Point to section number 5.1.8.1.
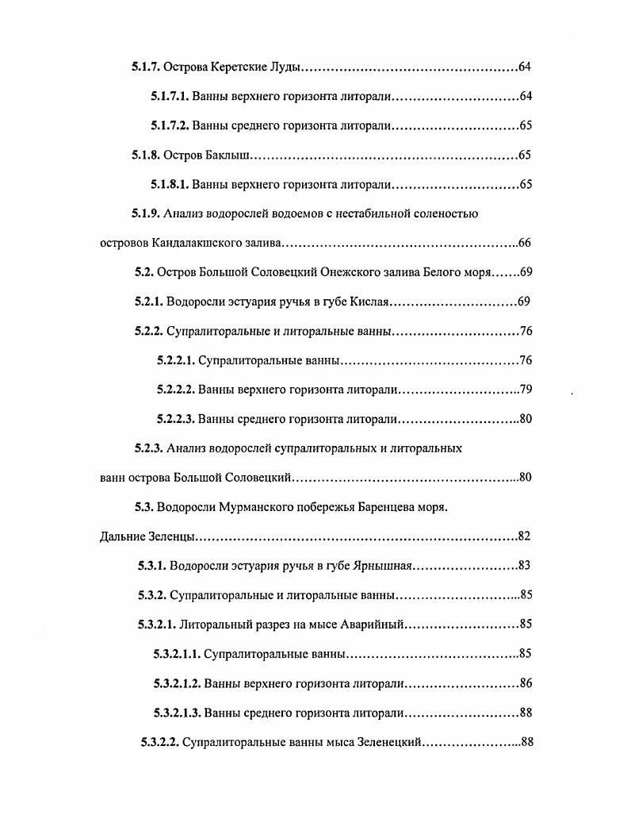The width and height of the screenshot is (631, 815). pos(170,185)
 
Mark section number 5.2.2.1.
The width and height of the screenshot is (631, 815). pos(175,361)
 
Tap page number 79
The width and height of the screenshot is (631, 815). pos(525,390)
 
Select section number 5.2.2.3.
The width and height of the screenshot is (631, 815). pos(175,420)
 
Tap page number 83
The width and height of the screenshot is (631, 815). pos(523,567)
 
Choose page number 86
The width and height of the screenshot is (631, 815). pos(525,684)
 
